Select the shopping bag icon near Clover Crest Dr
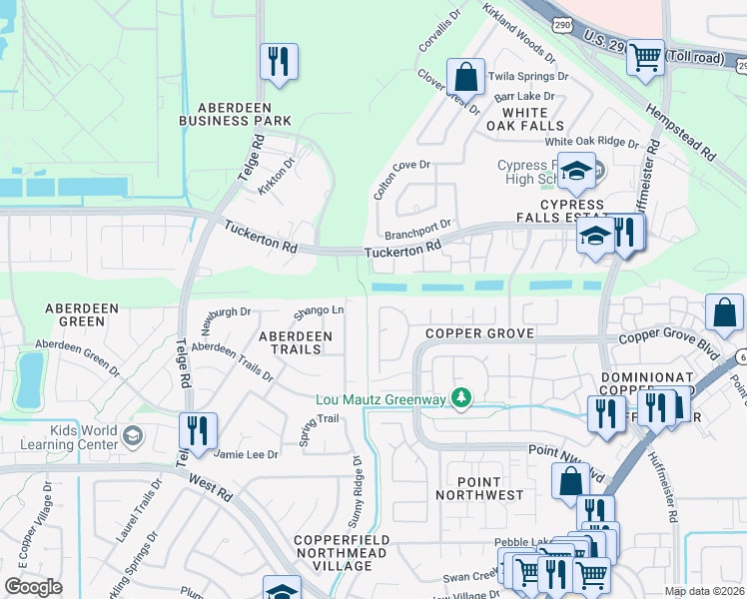point(465,76)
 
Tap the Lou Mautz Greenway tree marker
point(460,399)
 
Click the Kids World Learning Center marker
point(133,435)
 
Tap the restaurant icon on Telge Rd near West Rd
point(197,430)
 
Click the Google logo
point(33,587)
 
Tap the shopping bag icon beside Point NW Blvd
point(569,481)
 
